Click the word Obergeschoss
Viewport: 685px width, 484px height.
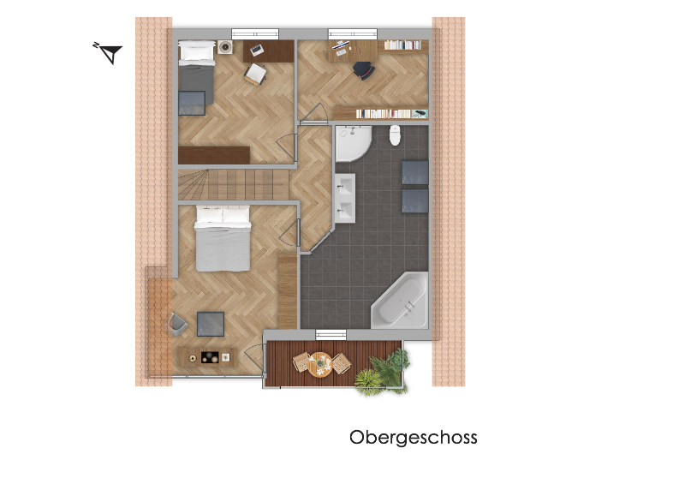tap(413, 438)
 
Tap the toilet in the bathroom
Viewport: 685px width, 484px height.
tap(395, 135)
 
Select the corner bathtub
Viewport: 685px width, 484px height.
tap(401, 302)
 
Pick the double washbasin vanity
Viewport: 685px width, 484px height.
tap(345, 198)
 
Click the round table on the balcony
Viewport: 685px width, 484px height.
tap(320, 364)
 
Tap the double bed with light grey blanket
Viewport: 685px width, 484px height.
tap(223, 238)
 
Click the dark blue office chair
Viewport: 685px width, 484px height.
tap(364, 70)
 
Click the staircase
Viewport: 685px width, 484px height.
tap(233, 184)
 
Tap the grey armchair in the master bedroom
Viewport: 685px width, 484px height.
tap(177, 324)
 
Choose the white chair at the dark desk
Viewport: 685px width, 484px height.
tap(254, 74)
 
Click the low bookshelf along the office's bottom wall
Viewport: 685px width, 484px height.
tap(381, 113)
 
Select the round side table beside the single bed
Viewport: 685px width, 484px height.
tap(225, 47)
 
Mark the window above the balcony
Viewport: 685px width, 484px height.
tap(331, 335)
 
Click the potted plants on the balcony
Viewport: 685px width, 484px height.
tap(382, 372)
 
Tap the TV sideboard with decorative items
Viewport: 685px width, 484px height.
tap(208, 357)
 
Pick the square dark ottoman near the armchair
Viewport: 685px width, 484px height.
tap(211, 324)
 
